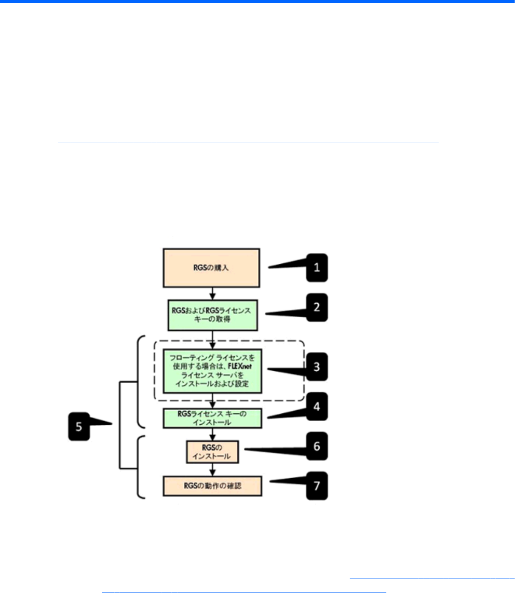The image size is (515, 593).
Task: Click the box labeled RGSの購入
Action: pos(212,268)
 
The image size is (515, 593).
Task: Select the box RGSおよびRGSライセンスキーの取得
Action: pos(212,315)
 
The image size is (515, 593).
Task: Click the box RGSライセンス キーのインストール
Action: pos(212,418)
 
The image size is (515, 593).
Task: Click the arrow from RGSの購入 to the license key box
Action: pos(212,293)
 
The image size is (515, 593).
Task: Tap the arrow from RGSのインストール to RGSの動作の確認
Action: pos(212,469)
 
